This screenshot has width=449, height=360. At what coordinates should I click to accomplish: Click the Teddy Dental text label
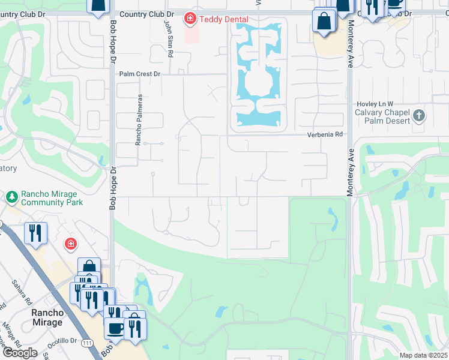[224, 19]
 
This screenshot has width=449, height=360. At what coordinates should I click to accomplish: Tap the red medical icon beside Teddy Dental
[191, 19]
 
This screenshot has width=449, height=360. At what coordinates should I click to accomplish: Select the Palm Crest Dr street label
[140, 74]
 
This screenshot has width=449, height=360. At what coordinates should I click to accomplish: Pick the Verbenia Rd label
[325, 134]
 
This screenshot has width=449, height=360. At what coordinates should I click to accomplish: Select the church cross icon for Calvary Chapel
[419, 115]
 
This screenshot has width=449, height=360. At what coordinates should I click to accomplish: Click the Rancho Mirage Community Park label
[51, 198]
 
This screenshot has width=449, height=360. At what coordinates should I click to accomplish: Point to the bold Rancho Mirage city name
[47, 317]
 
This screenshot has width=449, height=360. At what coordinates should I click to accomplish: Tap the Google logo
[20, 353]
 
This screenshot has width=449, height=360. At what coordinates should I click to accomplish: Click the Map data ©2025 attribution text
[423, 355]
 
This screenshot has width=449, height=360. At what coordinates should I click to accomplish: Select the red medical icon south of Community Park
[71, 244]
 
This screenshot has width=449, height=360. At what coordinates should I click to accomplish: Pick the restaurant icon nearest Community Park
[35, 232]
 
